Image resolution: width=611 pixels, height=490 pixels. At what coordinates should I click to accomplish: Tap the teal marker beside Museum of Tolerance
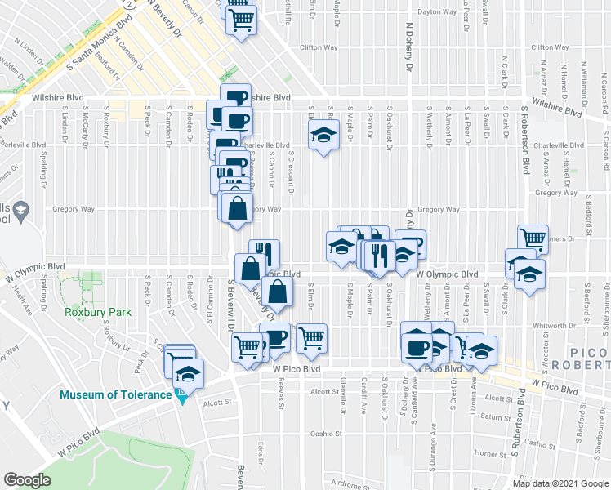183,397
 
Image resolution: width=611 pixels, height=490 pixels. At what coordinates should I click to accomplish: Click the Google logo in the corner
27,480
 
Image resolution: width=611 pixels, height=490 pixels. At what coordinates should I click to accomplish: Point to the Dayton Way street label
436,12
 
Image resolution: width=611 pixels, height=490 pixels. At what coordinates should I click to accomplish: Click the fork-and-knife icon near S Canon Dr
264,253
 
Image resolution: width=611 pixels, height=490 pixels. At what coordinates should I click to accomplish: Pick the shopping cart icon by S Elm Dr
311,338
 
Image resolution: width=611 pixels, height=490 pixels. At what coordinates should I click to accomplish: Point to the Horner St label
491,452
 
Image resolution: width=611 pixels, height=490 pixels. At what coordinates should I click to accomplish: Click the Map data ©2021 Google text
560,483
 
